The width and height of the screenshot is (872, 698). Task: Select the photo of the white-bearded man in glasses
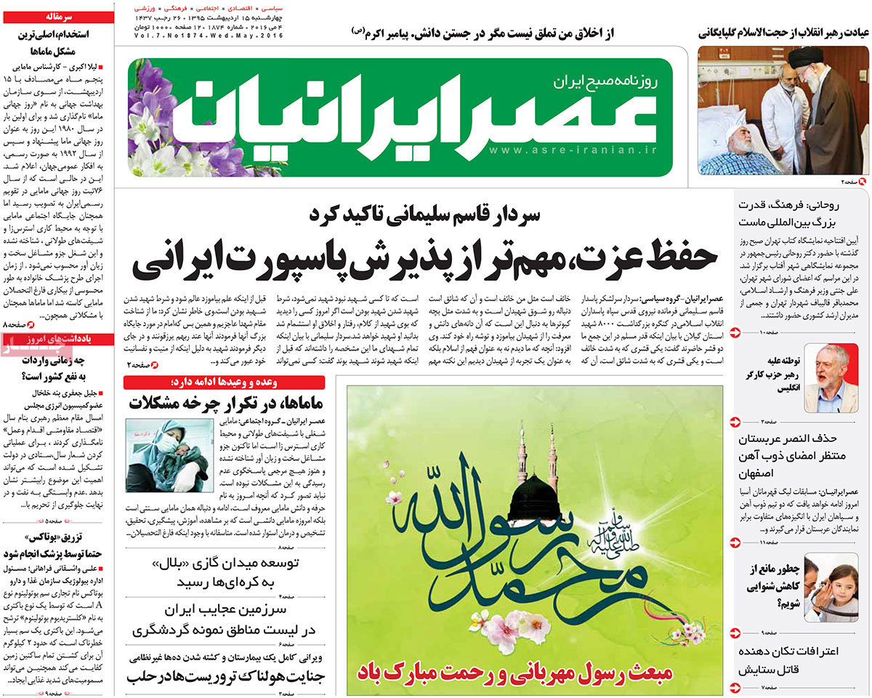click(831, 377)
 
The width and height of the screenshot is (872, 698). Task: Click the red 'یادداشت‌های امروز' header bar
click(57, 339)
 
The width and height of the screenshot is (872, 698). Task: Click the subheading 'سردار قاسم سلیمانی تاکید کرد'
click(425, 214)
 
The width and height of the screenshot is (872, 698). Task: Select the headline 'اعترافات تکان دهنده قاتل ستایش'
click(788, 660)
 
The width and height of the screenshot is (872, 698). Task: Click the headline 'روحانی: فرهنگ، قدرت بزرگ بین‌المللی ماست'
click(788, 213)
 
